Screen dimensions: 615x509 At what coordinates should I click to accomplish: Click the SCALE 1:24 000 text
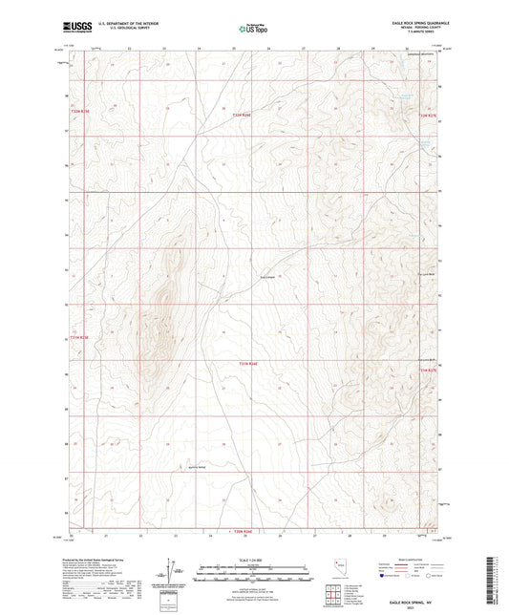click(253, 559)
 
